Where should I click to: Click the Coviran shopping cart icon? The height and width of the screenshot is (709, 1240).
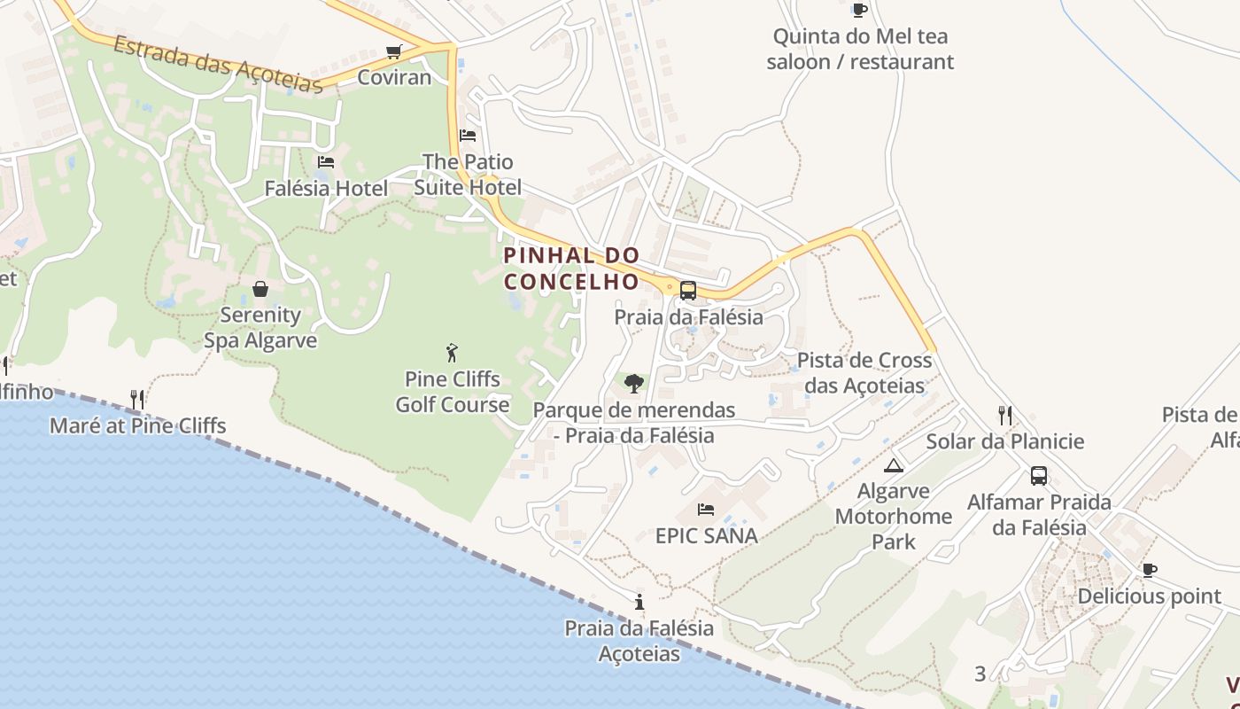click(394, 51)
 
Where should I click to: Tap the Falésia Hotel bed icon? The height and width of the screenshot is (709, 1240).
click(326, 161)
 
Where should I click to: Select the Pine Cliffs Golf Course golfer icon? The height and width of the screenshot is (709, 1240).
click(453, 353)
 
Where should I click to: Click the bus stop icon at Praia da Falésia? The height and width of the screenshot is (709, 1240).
click(688, 290)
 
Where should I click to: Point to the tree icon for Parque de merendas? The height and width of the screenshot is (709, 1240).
click(633, 383)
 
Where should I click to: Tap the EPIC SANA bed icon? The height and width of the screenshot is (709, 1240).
click(706, 509)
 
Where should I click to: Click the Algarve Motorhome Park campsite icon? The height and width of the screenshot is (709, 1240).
click(894, 465)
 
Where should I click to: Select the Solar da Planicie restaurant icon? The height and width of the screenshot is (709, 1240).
click(1005, 415)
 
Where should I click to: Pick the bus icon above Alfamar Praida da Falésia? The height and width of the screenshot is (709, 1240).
click(1039, 476)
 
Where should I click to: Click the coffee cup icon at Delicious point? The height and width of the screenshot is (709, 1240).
click(1149, 570)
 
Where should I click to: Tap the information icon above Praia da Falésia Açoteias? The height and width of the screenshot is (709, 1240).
click(639, 602)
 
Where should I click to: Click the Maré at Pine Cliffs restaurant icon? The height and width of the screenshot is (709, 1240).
click(137, 399)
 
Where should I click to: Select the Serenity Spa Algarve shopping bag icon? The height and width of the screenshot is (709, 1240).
click(260, 289)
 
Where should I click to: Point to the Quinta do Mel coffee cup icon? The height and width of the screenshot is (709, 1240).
click(859, 10)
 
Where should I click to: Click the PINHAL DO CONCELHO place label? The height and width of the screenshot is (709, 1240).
click(571, 269)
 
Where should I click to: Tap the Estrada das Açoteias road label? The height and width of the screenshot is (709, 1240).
click(217, 64)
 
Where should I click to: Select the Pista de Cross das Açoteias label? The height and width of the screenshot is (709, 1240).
click(864, 373)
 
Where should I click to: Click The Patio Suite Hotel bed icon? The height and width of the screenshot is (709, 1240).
click(468, 136)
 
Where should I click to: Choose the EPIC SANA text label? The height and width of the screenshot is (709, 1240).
click(706, 535)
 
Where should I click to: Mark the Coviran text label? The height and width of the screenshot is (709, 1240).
click(394, 77)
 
